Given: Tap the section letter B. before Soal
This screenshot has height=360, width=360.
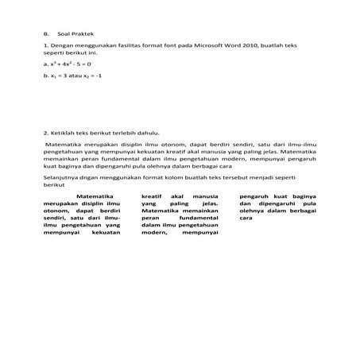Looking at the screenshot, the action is [x=46, y=34].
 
